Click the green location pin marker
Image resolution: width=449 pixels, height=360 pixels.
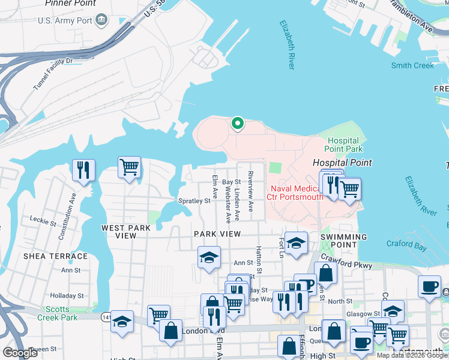pyautogui.click(x=238, y=124)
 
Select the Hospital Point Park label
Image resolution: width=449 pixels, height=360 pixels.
pyautogui.click(x=344, y=145)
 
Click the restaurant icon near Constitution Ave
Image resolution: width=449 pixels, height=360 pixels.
pyautogui.click(x=83, y=169)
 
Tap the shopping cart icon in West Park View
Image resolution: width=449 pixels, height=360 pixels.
pyautogui.click(x=129, y=167)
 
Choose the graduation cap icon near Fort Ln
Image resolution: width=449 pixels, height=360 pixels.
pyautogui.click(x=296, y=243)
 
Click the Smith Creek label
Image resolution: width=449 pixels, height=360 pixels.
pyautogui.click(x=412, y=65)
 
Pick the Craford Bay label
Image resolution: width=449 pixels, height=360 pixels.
pyautogui.click(x=407, y=244)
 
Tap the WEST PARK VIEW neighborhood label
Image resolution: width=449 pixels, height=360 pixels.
pyautogui.click(x=126, y=232)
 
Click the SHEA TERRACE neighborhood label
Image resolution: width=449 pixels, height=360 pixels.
pyautogui.click(x=55, y=256)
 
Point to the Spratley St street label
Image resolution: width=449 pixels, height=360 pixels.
pyautogui.click(x=194, y=201)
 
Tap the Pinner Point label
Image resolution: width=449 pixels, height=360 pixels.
pyautogui.click(x=70, y=4)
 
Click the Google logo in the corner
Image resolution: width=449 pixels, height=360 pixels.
pyautogui.click(x=20, y=353)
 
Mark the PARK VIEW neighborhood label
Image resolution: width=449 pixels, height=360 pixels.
pyautogui.click(x=217, y=234)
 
